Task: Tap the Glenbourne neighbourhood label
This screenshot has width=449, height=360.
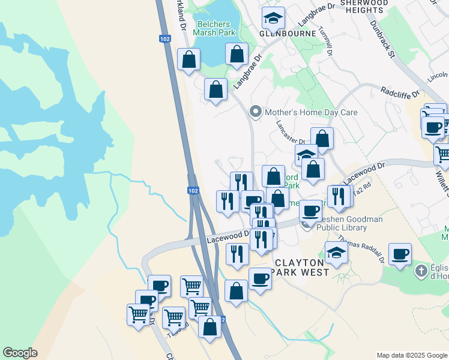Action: click(288, 34)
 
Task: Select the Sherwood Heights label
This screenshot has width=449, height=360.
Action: click(364, 6)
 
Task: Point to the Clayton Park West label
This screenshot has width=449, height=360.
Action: click(301, 267)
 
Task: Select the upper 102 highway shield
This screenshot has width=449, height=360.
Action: click(164, 38)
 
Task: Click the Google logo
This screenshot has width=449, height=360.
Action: click(20, 353)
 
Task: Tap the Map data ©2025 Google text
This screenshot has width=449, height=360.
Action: click(411, 355)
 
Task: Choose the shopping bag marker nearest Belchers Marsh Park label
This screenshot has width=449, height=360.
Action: click(237, 54)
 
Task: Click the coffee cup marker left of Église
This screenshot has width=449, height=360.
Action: click(400, 254)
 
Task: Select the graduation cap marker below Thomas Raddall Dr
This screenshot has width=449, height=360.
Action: click(336, 253)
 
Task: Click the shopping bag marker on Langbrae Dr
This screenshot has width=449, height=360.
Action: click(216, 90)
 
